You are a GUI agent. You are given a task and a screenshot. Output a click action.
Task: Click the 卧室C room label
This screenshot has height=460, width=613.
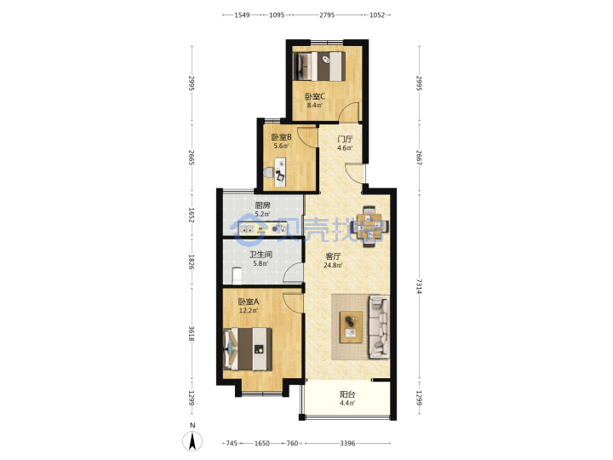pyautogui.click(x=315, y=96)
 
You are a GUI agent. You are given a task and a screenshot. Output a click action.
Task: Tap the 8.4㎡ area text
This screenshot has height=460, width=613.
pyautogui.click(x=315, y=106)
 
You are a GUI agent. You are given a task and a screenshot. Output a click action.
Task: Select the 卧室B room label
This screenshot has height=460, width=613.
pyautogui.click(x=282, y=137)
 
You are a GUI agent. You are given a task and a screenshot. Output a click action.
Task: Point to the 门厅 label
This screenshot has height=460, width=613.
pyautogui.click(x=345, y=139)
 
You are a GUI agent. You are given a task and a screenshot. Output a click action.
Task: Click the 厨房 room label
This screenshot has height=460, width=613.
pyautogui.click(x=263, y=205)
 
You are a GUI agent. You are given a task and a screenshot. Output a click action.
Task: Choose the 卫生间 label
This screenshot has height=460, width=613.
pyautogui.click(x=261, y=255)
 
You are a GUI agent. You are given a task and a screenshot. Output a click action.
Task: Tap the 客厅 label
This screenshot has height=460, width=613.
pyautogui.click(x=333, y=256)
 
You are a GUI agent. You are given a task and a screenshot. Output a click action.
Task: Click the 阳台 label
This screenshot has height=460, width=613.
pyautogui.click(x=347, y=394)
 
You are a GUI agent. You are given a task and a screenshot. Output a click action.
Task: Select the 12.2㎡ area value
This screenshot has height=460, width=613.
pyautogui.click(x=249, y=311)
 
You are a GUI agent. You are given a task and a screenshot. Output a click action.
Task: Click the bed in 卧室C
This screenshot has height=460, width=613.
pyautogui.click(x=320, y=66)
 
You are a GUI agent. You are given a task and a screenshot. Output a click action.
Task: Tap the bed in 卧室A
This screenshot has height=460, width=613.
pyautogui.click(x=248, y=349)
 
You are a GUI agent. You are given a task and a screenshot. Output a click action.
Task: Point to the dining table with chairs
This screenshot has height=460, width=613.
pyautogui.click(x=370, y=226)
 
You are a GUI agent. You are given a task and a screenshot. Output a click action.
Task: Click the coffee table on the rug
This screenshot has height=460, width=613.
pyautogui.click(x=351, y=327)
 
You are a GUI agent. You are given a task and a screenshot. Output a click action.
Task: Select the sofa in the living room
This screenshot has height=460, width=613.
pyautogui.click(x=379, y=326)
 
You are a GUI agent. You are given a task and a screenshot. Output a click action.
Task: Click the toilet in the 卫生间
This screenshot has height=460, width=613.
pyautogui.click(x=237, y=275)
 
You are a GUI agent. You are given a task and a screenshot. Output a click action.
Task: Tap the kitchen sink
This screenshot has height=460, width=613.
pyautogui.click(x=246, y=229)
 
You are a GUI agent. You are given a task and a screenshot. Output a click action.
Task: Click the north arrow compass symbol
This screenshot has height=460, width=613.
pyautogui.click(x=192, y=441)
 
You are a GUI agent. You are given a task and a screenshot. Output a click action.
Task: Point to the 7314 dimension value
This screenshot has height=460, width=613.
pyautogui.click(x=420, y=286)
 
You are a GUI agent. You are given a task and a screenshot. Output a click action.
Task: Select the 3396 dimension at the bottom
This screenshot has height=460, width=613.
pyautogui.click(x=347, y=443)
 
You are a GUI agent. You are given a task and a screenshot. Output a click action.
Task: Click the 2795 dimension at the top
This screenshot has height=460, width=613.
pyautogui.click(x=327, y=14)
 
